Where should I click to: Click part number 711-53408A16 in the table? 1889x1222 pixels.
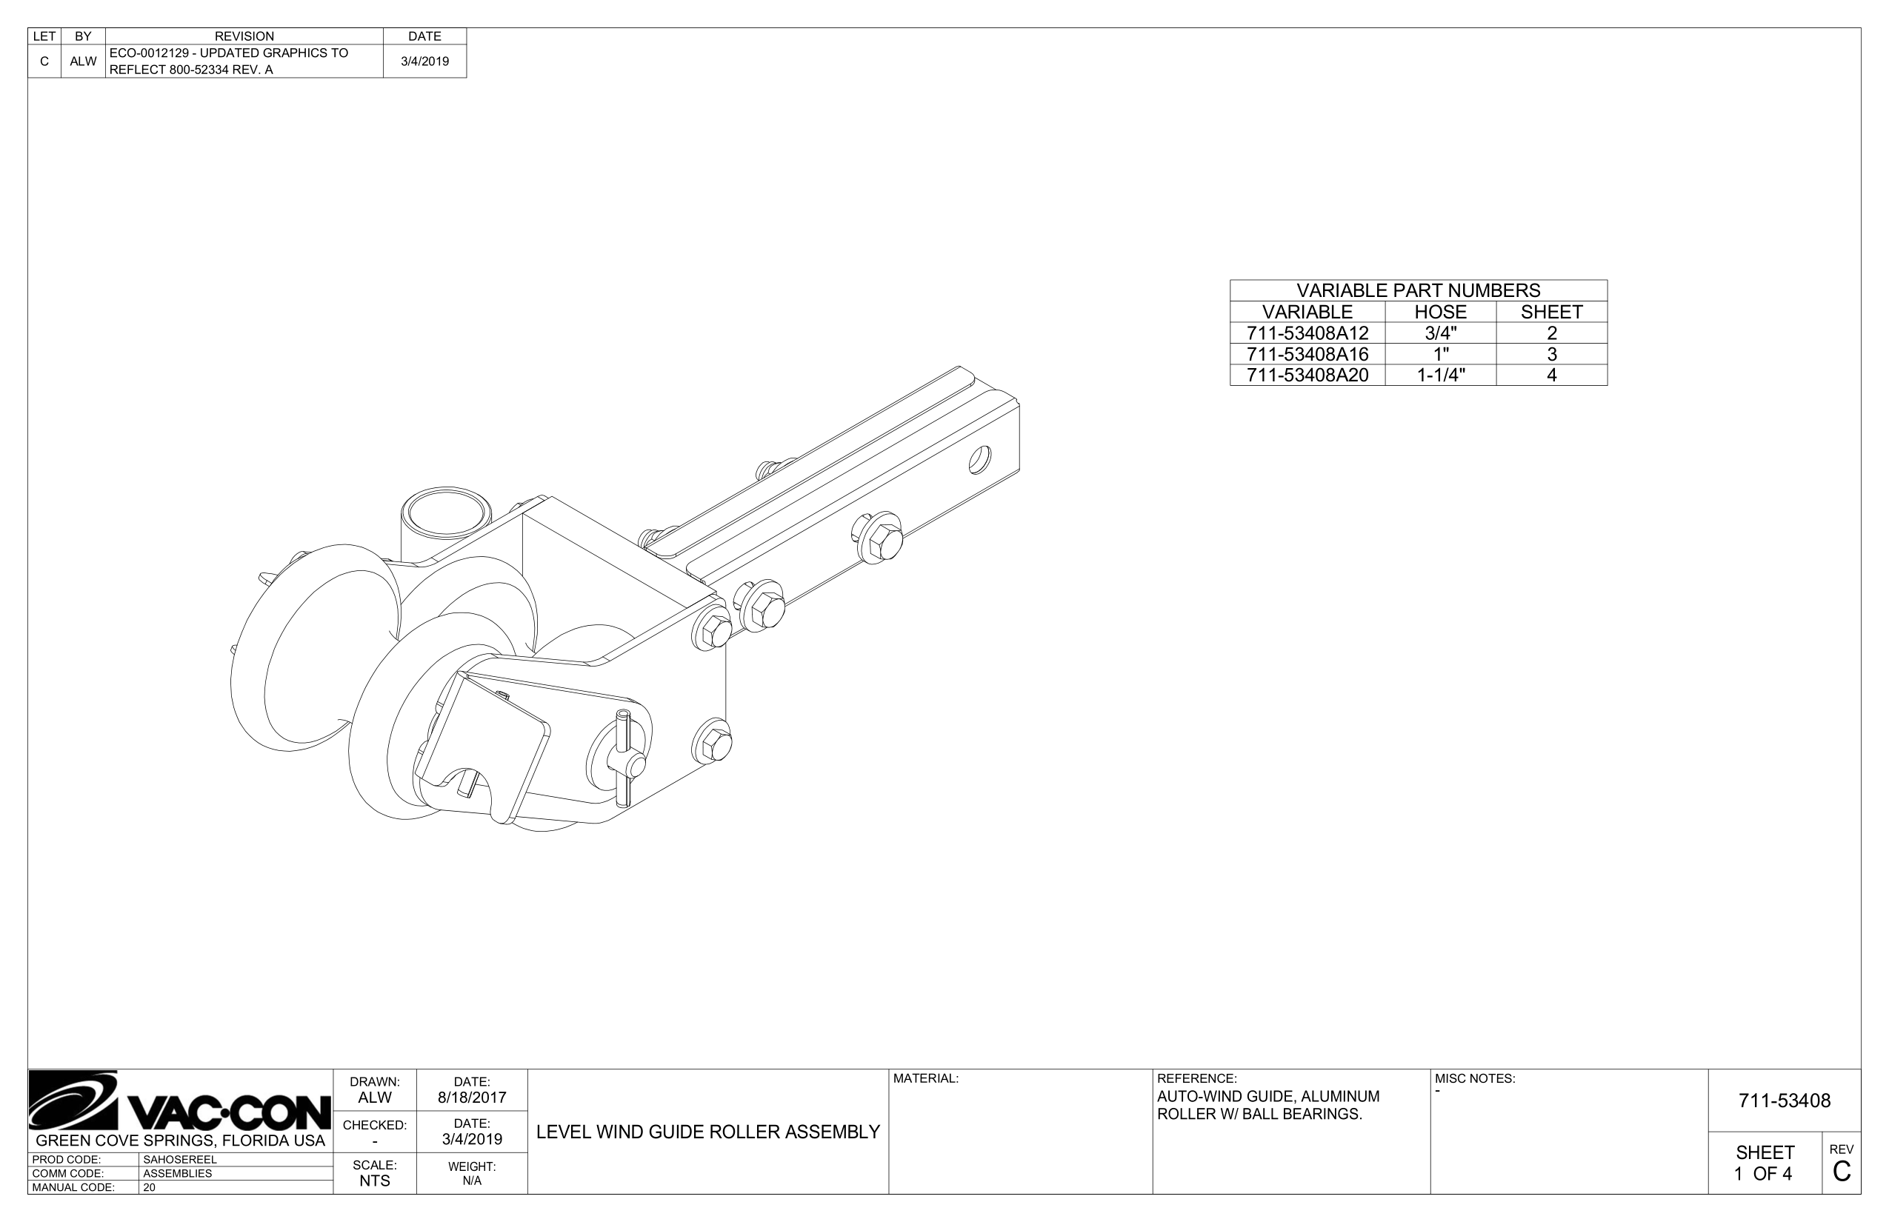coord(1307,354)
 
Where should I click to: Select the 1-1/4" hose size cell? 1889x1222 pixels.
coord(1440,375)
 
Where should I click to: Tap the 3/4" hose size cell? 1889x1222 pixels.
coord(1440,333)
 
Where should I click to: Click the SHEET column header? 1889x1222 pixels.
coord(1551,312)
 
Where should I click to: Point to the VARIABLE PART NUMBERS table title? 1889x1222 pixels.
coord(1418,290)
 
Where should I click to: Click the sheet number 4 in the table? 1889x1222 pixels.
coord(1551,375)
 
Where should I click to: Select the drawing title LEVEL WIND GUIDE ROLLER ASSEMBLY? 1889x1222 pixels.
coord(708,1132)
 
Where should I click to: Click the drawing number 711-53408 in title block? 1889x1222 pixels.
coord(1784,1101)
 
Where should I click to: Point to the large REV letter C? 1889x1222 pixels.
coord(1842,1171)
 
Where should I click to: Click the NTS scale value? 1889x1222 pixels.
coord(375,1181)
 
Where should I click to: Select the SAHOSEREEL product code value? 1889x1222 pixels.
coord(179,1159)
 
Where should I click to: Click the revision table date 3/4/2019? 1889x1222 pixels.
coord(424,61)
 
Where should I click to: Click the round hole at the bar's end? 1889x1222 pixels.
coord(979,460)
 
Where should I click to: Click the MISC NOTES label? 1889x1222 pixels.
coord(1475,1079)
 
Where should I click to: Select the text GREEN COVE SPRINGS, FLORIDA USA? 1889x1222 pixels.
coord(181,1141)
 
